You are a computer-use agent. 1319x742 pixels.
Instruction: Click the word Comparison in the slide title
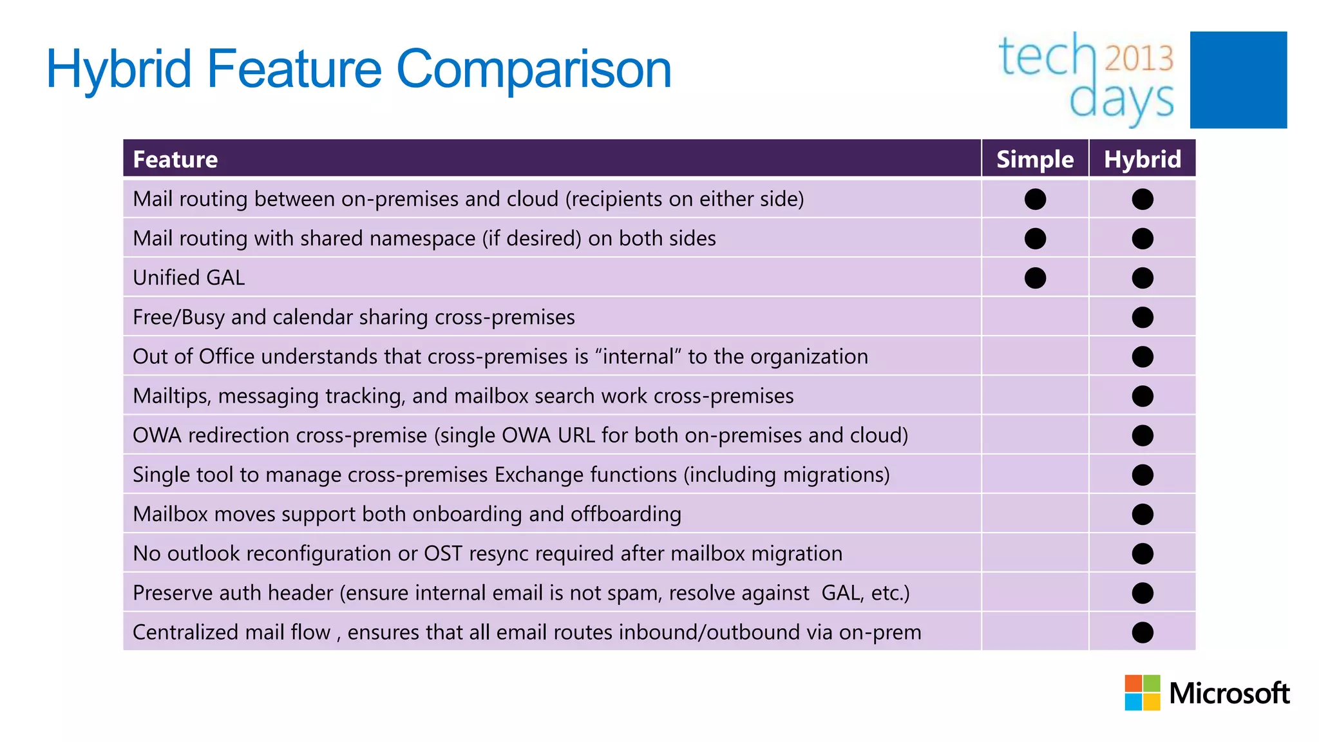[x=533, y=70]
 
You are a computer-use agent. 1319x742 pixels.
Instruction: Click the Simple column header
[x=1034, y=159]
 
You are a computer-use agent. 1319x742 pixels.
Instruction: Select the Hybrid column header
[x=1142, y=159]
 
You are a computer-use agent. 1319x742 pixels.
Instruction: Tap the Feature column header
[x=175, y=159]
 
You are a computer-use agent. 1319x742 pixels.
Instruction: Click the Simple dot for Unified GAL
[x=1035, y=278]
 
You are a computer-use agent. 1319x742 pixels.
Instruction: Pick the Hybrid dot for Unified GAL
[x=1142, y=278]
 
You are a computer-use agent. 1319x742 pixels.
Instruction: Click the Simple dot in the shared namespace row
[x=1035, y=238]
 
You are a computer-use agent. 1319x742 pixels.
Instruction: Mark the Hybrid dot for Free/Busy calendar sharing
[x=1142, y=317]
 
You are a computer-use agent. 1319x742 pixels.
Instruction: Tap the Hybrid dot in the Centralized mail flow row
[x=1142, y=632]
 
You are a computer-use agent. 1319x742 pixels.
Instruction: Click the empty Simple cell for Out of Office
[x=1035, y=356]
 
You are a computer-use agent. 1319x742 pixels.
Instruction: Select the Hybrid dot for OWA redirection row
[x=1142, y=435]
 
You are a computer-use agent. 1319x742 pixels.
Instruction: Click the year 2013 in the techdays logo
[x=1139, y=58]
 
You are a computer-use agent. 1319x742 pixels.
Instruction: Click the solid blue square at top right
[x=1238, y=80]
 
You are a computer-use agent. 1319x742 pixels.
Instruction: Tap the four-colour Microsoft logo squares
[x=1142, y=692]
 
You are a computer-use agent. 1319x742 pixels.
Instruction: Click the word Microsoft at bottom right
[x=1229, y=694]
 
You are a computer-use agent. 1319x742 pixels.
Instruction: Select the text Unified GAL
[x=189, y=278]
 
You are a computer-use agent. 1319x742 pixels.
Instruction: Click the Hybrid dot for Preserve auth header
[x=1142, y=593]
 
